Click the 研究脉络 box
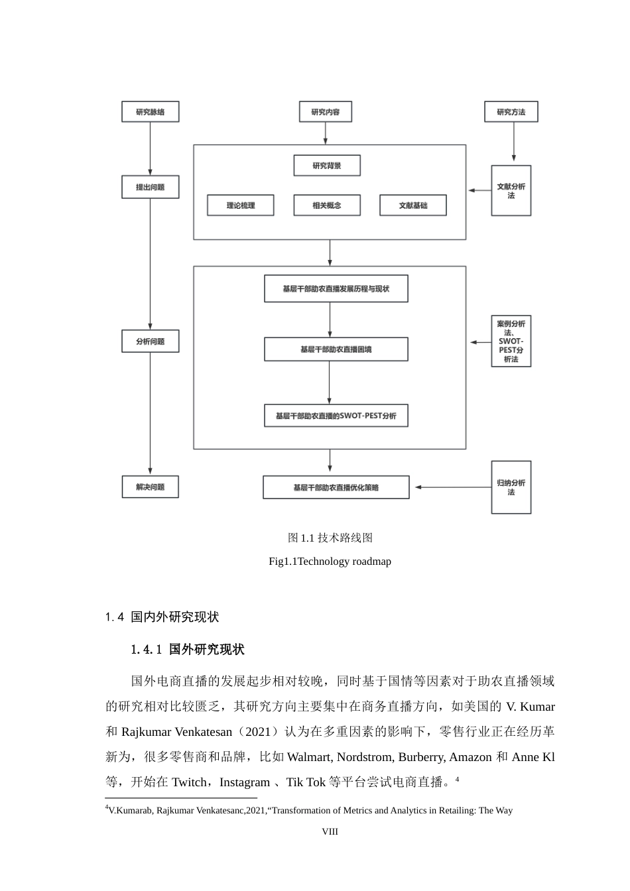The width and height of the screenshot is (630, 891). tap(151, 112)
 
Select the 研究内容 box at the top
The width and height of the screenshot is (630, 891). tap(325, 112)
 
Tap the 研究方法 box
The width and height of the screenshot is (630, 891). tap(511, 112)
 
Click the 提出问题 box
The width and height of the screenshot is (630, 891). tap(151, 188)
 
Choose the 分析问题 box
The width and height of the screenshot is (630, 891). tap(151, 341)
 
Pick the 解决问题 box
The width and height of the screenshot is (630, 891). tap(151, 487)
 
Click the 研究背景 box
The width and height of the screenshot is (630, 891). tap(327, 166)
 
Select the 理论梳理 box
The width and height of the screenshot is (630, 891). tap(241, 206)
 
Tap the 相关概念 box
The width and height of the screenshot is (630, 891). tap(327, 206)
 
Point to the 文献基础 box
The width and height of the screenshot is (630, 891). tap(413, 206)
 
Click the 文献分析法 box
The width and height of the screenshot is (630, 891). tap(511, 191)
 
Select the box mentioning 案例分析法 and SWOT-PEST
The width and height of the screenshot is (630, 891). tap(511, 341)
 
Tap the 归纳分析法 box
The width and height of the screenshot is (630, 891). tap(511, 487)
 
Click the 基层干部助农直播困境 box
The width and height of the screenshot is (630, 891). tap(336, 349)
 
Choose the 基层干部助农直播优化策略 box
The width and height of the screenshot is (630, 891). tap(336, 487)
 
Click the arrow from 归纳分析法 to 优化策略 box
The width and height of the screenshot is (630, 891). tap(451, 487)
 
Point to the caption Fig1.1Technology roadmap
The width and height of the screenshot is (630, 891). tap(330, 562)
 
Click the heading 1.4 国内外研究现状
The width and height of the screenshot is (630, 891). tap(162, 617)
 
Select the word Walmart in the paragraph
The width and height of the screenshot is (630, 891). tap(310, 757)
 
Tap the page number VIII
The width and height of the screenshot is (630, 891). tap(330, 831)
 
